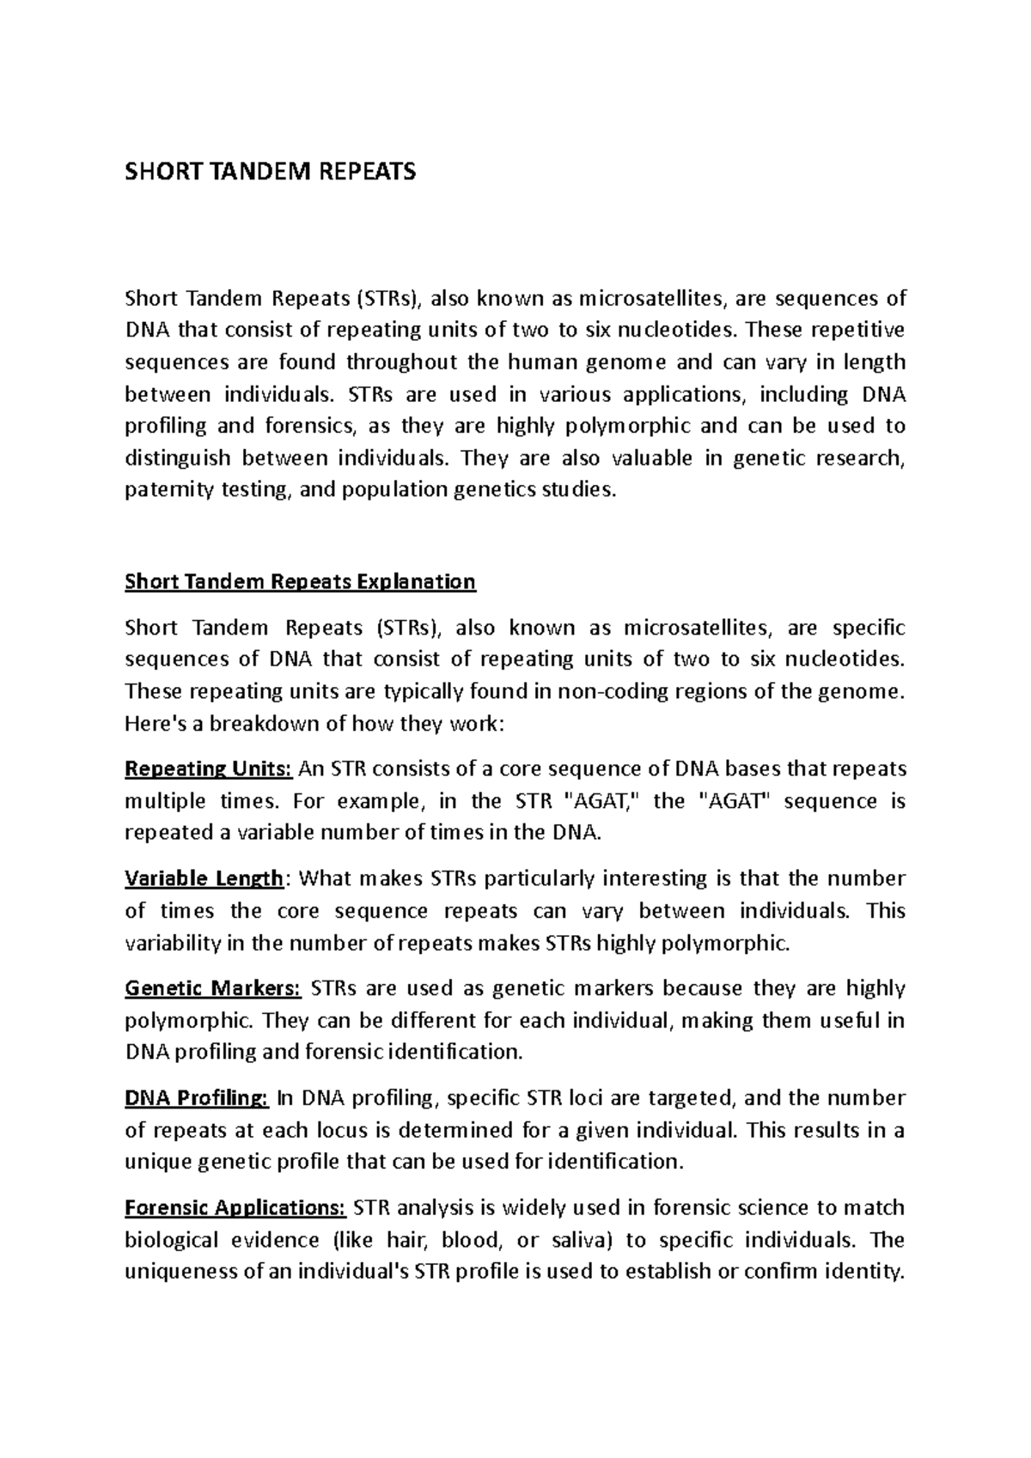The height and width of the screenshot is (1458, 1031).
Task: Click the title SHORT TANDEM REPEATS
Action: [270, 172]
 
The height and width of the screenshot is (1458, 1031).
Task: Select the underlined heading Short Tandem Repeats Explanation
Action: [300, 582]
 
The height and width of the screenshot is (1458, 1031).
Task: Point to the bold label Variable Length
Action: [204, 878]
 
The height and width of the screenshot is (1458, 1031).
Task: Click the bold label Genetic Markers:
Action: [212, 988]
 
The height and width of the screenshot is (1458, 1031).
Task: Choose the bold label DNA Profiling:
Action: [197, 1098]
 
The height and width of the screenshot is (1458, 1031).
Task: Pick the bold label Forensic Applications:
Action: [235, 1208]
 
